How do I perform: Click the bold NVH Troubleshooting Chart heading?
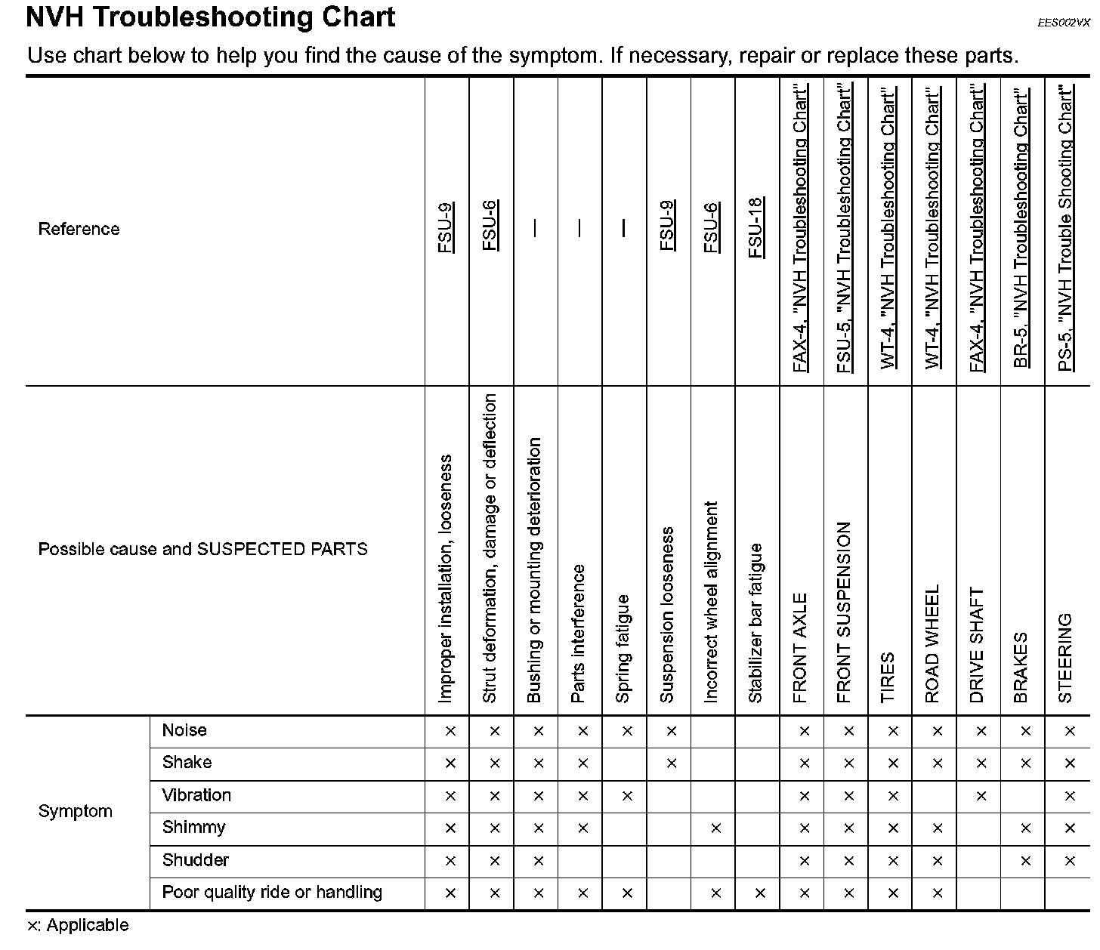(x=210, y=17)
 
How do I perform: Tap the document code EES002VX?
(x=1064, y=23)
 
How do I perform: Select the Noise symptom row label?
(x=184, y=730)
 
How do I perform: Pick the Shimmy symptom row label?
(x=193, y=828)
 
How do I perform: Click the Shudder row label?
(x=195, y=860)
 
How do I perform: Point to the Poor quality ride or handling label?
(x=272, y=893)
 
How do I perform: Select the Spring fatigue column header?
(x=623, y=649)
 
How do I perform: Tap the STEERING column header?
(x=1065, y=658)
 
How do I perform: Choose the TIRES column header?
(x=888, y=677)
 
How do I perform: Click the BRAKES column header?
(x=1021, y=668)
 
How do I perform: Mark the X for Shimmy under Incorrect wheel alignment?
(x=715, y=828)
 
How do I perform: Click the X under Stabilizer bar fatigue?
(x=760, y=893)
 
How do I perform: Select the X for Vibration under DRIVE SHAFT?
(x=981, y=796)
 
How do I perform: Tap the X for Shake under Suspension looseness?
(x=671, y=763)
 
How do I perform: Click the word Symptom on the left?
(x=75, y=812)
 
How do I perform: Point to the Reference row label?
(x=79, y=230)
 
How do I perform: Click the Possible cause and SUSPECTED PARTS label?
(x=202, y=550)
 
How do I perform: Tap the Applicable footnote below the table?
(x=78, y=926)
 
